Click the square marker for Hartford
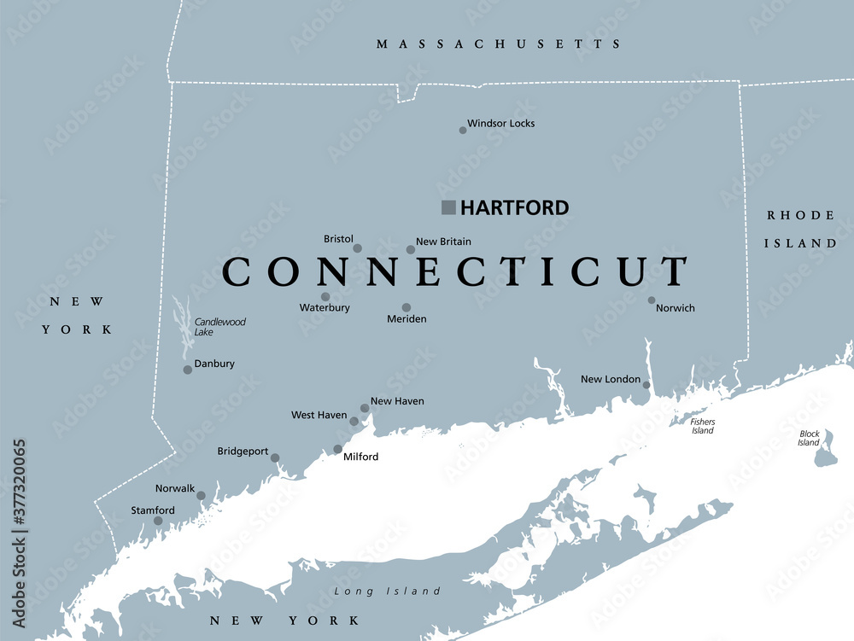pos(448,207)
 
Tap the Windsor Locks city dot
pos(463,131)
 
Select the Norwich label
pos(675,308)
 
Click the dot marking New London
pos(646,386)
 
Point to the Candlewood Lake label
pos(219,327)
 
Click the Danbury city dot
pos(188,370)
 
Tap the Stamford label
pos(153,510)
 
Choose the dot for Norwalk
pos(201,495)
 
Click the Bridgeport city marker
pos(275,458)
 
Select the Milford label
pos(360,457)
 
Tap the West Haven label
pos(319,416)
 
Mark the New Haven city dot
pos(365,408)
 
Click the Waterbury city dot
pos(325,297)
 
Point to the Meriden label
pos(407,319)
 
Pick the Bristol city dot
pos(358,248)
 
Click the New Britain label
pos(443,242)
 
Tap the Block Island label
pos(809,439)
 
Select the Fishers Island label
pos(703,426)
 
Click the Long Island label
pos(388,591)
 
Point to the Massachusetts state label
pos(500,44)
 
